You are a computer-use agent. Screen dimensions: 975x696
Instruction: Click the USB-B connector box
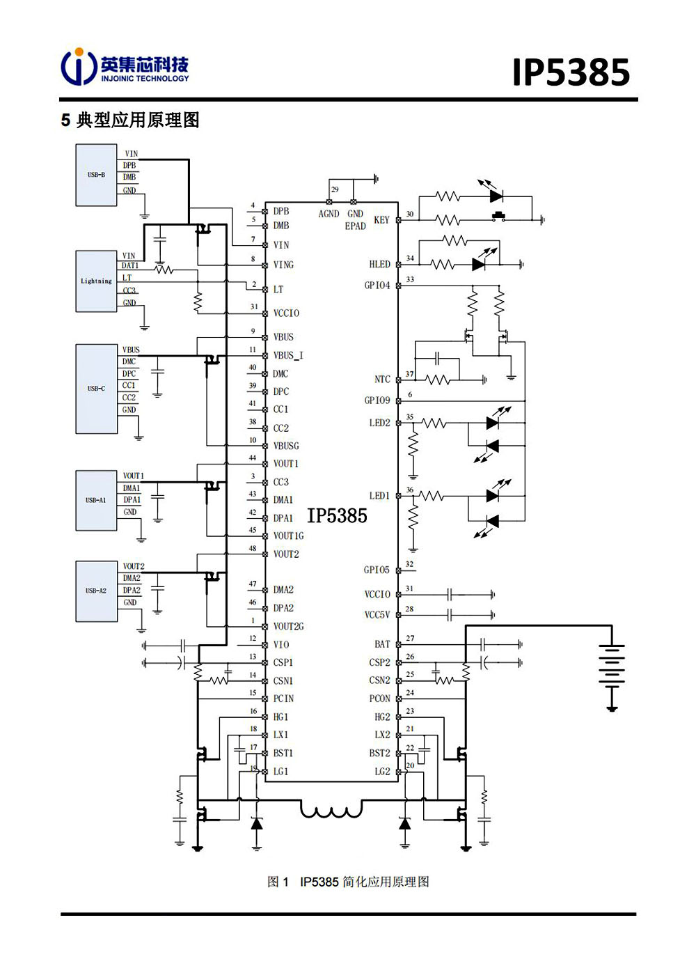click(x=96, y=175)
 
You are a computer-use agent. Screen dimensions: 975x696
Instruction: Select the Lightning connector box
click(x=96, y=281)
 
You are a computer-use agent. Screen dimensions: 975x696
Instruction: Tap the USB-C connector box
click(x=96, y=389)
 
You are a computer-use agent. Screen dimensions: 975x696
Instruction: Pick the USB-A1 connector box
click(x=96, y=500)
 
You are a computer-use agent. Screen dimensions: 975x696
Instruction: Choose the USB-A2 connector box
click(x=96, y=591)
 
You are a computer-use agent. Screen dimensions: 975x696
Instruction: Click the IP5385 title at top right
click(x=571, y=72)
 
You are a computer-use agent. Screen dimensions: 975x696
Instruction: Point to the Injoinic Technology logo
click(x=125, y=67)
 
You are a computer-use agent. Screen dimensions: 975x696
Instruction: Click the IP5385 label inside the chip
click(x=337, y=515)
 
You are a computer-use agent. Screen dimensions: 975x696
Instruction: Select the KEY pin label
click(x=381, y=220)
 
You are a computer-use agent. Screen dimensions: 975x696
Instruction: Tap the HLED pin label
click(x=379, y=265)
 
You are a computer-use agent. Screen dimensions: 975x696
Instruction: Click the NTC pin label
click(x=382, y=380)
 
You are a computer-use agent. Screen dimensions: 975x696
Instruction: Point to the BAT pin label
click(x=382, y=644)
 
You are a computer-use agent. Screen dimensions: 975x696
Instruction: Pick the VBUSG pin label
click(x=286, y=446)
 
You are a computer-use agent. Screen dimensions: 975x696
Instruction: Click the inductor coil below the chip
click(x=331, y=810)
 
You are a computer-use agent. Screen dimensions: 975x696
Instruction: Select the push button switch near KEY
click(x=498, y=217)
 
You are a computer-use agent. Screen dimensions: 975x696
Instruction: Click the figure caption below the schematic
click(x=348, y=882)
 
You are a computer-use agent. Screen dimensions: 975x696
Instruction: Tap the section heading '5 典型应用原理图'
click(x=130, y=120)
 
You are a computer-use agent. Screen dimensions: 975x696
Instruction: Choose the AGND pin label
click(x=329, y=214)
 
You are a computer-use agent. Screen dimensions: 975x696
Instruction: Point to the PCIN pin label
click(x=283, y=699)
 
